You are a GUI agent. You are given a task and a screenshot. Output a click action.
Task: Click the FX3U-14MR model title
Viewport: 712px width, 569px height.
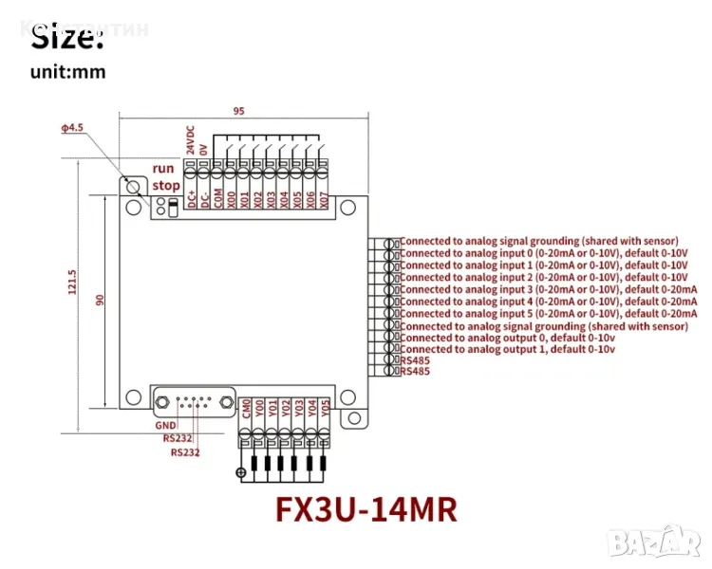tap(365, 509)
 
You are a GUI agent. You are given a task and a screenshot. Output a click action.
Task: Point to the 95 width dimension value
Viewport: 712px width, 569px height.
tap(238, 111)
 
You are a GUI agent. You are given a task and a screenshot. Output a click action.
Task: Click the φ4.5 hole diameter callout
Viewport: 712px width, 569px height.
tap(72, 127)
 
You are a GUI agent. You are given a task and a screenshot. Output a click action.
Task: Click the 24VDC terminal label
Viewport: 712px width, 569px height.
tap(190, 139)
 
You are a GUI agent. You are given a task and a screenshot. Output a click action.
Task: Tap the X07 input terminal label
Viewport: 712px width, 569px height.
tap(324, 200)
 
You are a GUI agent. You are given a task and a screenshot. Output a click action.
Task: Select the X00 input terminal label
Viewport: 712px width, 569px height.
tap(231, 200)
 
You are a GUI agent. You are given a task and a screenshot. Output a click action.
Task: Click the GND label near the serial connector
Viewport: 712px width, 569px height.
tap(166, 426)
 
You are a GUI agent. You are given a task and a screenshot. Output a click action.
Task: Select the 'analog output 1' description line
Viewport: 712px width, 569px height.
tap(508, 349)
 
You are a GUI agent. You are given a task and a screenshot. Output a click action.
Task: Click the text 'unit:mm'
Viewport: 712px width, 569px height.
tap(67, 71)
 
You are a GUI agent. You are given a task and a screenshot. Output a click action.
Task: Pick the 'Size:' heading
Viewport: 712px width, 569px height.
tap(66, 39)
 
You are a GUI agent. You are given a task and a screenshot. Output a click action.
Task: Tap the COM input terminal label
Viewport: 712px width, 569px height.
tap(217, 198)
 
